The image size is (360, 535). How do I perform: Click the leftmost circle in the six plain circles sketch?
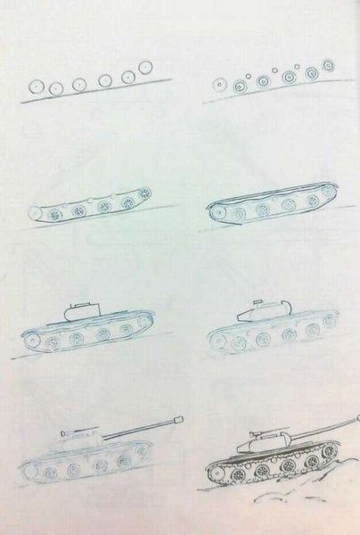(x=37, y=86)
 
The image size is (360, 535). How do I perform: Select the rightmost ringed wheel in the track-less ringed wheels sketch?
(x=328, y=65)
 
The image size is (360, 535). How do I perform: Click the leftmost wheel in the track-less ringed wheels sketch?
(x=219, y=86)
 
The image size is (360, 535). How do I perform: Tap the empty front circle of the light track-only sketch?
(x=35, y=214)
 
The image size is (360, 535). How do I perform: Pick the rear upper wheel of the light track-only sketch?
(x=144, y=193)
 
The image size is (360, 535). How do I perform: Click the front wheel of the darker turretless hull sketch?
(x=217, y=213)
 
